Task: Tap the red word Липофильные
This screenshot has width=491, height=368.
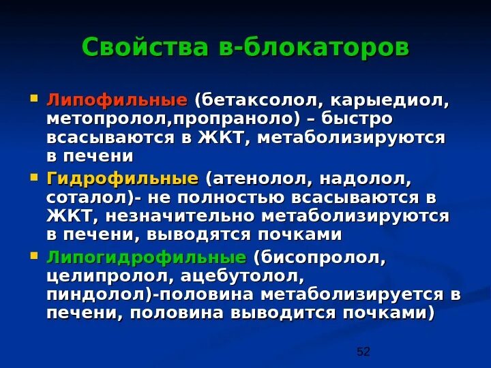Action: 116,102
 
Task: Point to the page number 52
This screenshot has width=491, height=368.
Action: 363,352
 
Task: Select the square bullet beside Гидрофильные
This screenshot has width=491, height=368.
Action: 35,179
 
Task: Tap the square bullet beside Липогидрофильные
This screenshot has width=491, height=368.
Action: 35,258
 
